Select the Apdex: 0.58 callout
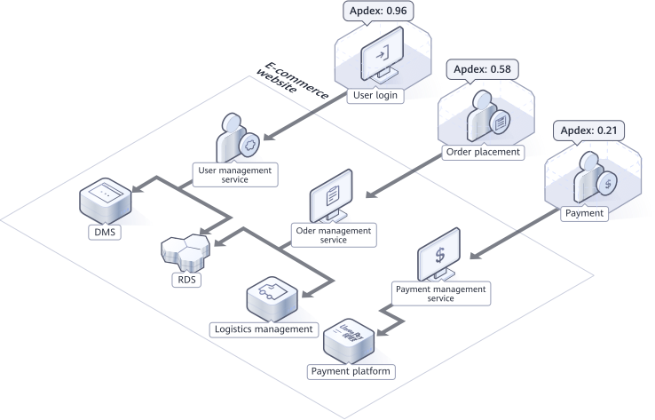[x=485, y=68]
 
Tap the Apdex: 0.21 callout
[x=589, y=131]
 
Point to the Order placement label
[x=483, y=152]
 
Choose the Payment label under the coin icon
[x=584, y=213]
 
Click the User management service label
[x=235, y=173]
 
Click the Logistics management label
[x=264, y=329]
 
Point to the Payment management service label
[x=440, y=293]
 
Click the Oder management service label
[x=333, y=234]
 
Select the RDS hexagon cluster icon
[x=187, y=250]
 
